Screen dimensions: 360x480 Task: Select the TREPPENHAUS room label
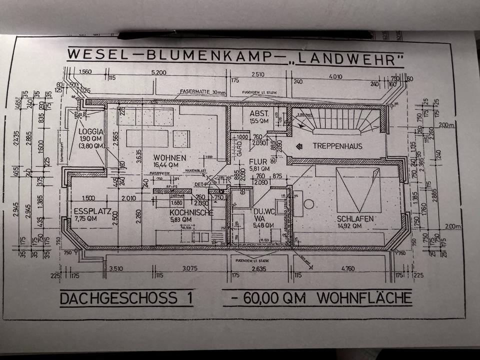337,146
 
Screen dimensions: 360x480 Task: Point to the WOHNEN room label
169,158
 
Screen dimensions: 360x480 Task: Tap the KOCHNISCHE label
191,212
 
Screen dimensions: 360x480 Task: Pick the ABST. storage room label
259,114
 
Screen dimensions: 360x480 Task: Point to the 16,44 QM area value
169,165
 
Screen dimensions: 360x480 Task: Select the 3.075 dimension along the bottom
189,268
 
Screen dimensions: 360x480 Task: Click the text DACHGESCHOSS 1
125,298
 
